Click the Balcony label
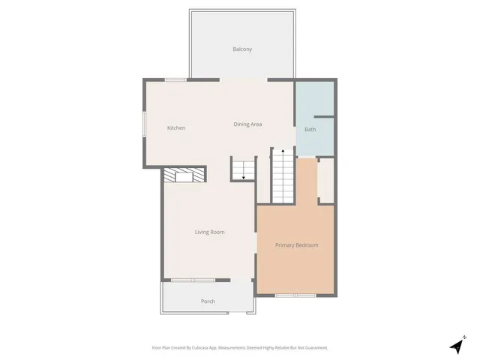tap(241, 49)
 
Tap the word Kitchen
tap(176, 128)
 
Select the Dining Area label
tap(247, 124)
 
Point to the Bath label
tap(310, 130)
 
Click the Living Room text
tap(210, 232)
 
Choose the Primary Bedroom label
tap(296, 245)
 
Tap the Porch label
tap(208, 301)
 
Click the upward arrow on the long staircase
tap(283, 152)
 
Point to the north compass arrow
tap(457, 346)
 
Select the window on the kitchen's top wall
tap(175, 79)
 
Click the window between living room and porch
tap(193, 280)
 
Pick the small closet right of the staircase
tap(326, 181)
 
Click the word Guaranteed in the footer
tap(315, 348)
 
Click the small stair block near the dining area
tap(243, 169)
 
